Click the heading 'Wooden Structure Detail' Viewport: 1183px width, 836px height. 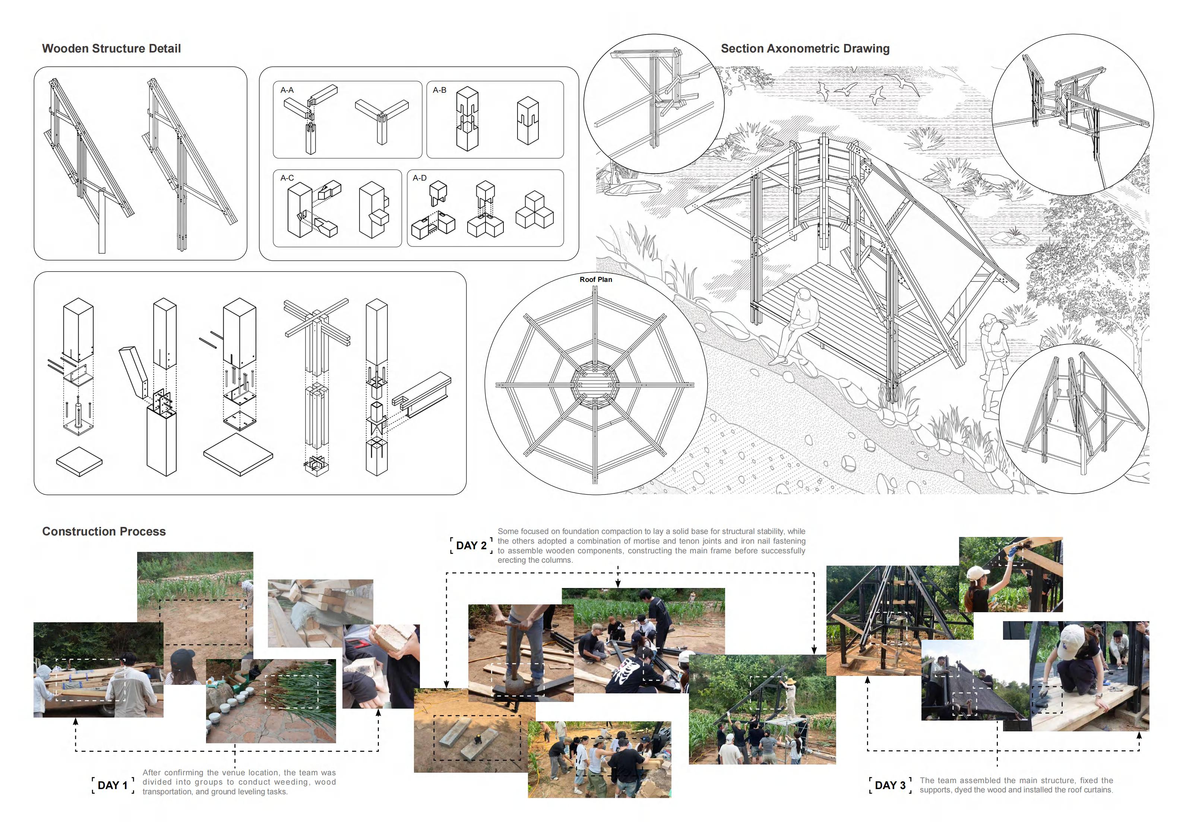pos(111,48)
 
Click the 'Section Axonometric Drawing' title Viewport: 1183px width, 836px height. pos(805,48)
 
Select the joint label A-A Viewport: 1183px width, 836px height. pos(287,90)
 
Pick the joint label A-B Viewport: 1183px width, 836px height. pos(440,90)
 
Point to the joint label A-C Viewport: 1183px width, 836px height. pos(287,178)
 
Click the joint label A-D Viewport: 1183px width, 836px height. pos(420,178)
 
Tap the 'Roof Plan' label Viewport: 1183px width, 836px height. pos(596,279)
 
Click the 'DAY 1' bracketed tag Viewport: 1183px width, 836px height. pos(112,785)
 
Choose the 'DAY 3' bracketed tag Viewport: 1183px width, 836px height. pos(890,785)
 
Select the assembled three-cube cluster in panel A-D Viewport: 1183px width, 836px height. pos(534,210)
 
